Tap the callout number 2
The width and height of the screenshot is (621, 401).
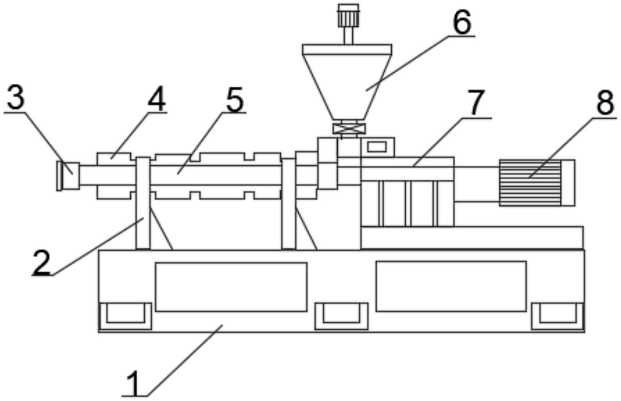41,262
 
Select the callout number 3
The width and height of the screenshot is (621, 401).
15,98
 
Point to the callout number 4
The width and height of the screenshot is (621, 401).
156,99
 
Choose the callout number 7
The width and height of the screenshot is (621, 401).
476,103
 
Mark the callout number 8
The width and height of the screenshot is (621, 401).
605,103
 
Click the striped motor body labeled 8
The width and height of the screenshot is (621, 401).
530,183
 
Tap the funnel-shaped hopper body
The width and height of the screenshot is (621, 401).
347,84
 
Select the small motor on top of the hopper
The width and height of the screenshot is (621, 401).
348,15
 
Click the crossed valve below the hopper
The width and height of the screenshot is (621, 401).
349,129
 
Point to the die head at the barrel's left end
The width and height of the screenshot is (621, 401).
69,176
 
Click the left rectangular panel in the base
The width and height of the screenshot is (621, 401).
231,287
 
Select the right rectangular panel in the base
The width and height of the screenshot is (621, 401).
451,286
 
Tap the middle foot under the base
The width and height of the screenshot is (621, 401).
341,316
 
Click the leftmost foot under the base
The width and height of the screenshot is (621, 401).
125,316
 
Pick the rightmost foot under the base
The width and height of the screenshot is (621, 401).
558,316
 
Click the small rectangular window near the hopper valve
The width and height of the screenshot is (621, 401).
377,147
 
